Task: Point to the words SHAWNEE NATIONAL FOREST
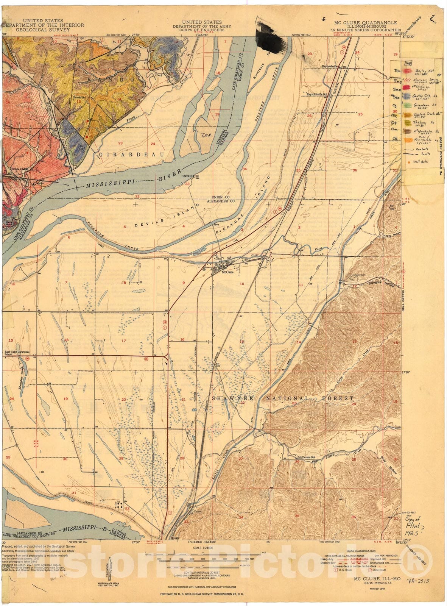[283, 398]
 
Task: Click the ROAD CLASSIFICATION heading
[364, 551]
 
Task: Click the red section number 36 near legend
[355, 170]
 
